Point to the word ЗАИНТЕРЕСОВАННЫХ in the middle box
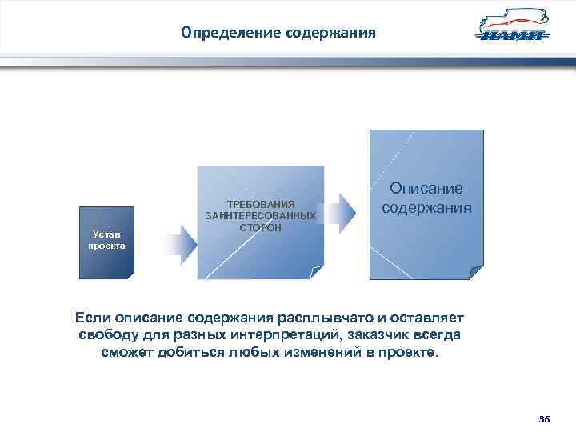[x=261, y=216]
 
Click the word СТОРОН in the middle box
[x=261, y=227]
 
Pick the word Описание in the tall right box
[x=426, y=189]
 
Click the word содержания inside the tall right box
[x=426, y=207]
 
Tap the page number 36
[x=545, y=419]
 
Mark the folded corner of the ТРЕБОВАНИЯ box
[x=318, y=273]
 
